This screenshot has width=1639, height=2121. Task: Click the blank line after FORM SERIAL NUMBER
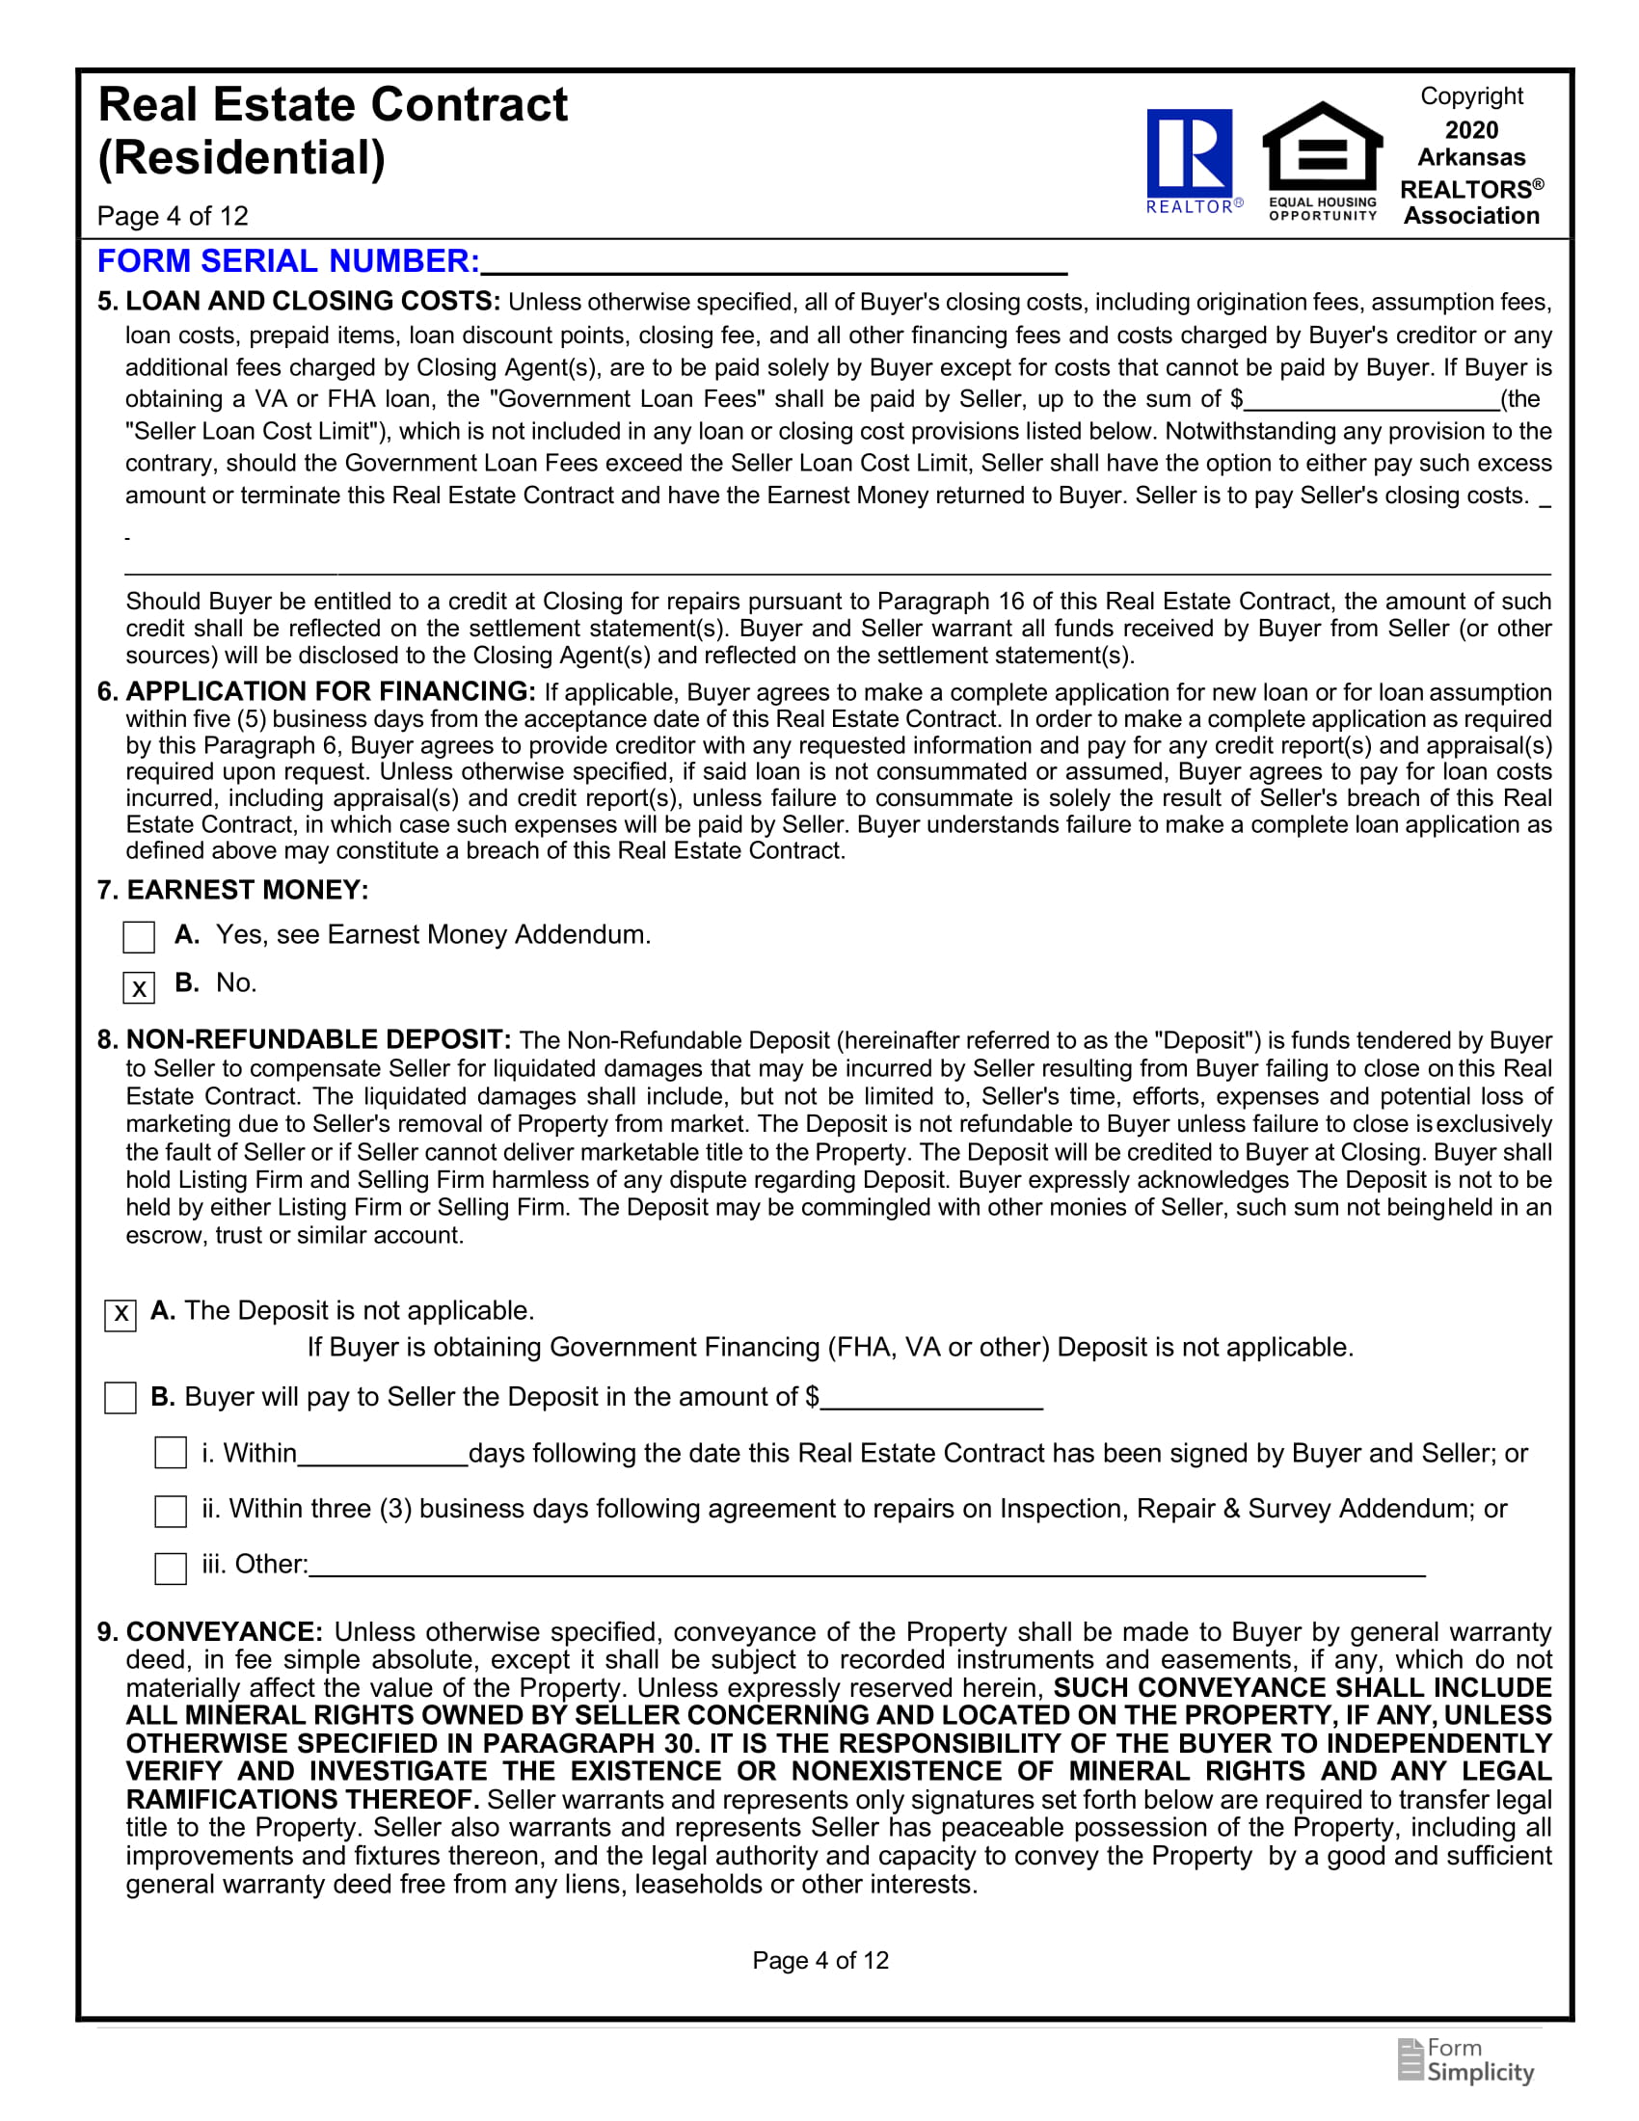pyautogui.click(x=773, y=262)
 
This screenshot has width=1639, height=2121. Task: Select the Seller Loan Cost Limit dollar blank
pyautogui.click(x=1371, y=399)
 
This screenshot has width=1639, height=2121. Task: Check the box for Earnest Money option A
pyautogui.click(x=139, y=937)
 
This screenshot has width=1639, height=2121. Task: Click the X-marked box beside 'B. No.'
pyautogui.click(x=139, y=987)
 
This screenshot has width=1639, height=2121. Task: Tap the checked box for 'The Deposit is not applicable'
pyautogui.click(x=121, y=1315)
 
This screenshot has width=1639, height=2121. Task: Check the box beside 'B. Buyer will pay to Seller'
pyautogui.click(x=121, y=1399)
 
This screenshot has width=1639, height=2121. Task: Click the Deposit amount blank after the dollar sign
pyautogui.click(x=931, y=1398)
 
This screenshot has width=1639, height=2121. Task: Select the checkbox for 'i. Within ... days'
pyautogui.click(x=171, y=1453)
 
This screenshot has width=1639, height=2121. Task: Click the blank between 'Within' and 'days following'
pyautogui.click(x=383, y=1454)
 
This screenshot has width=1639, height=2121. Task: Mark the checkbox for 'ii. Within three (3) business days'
pyautogui.click(x=171, y=1511)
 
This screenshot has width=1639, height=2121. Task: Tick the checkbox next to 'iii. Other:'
pyautogui.click(x=171, y=1569)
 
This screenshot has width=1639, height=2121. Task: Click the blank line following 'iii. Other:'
pyautogui.click(x=866, y=1566)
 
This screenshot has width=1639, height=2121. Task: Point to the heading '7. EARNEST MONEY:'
pyautogui.click(x=233, y=890)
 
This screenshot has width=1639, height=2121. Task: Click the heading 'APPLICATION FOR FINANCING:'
pyautogui.click(x=330, y=691)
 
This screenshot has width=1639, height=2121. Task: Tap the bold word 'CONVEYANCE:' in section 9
pyautogui.click(x=225, y=1631)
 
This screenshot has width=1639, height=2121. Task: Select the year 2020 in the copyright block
pyautogui.click(x=1471, y=130)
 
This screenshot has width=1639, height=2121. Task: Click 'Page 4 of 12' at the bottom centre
pyautogui.click(x=820, y=1960)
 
